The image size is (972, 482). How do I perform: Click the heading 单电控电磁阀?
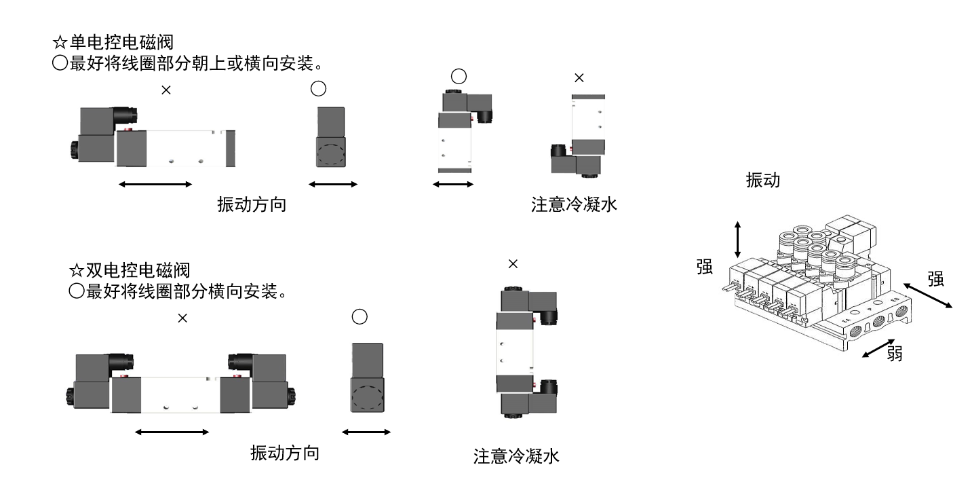pos(121,43)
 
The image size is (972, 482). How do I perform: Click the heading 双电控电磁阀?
pos(138,270)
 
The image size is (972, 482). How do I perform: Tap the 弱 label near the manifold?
pos(894,354)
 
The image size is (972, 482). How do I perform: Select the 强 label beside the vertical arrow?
pos(705,267)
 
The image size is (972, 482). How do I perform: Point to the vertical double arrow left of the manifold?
pos(737,240)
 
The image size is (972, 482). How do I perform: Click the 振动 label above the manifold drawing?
pos(763,180)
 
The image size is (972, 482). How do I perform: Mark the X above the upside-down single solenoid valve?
pos(579,77)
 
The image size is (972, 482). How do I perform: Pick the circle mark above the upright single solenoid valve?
pos(459,77)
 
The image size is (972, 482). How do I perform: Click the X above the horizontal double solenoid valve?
pos(182,318)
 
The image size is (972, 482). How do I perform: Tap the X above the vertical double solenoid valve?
pos(513,263)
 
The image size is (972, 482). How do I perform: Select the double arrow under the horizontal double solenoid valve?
pos(172,432)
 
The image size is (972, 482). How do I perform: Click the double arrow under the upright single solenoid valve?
pos(453,184)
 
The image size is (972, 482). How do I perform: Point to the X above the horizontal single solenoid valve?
pos(166,90)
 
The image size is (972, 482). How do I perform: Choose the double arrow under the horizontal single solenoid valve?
pos(155,184)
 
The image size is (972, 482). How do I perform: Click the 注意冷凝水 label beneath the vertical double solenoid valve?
pos(516,456)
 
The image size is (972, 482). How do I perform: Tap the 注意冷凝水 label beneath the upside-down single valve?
pos(574,204)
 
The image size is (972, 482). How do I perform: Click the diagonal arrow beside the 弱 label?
pos(878,349)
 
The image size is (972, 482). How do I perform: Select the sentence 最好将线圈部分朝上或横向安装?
pos(191,63)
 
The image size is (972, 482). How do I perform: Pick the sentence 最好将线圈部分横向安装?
pos(182,291)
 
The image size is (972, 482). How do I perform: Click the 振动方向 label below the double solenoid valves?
pos(285,453)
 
